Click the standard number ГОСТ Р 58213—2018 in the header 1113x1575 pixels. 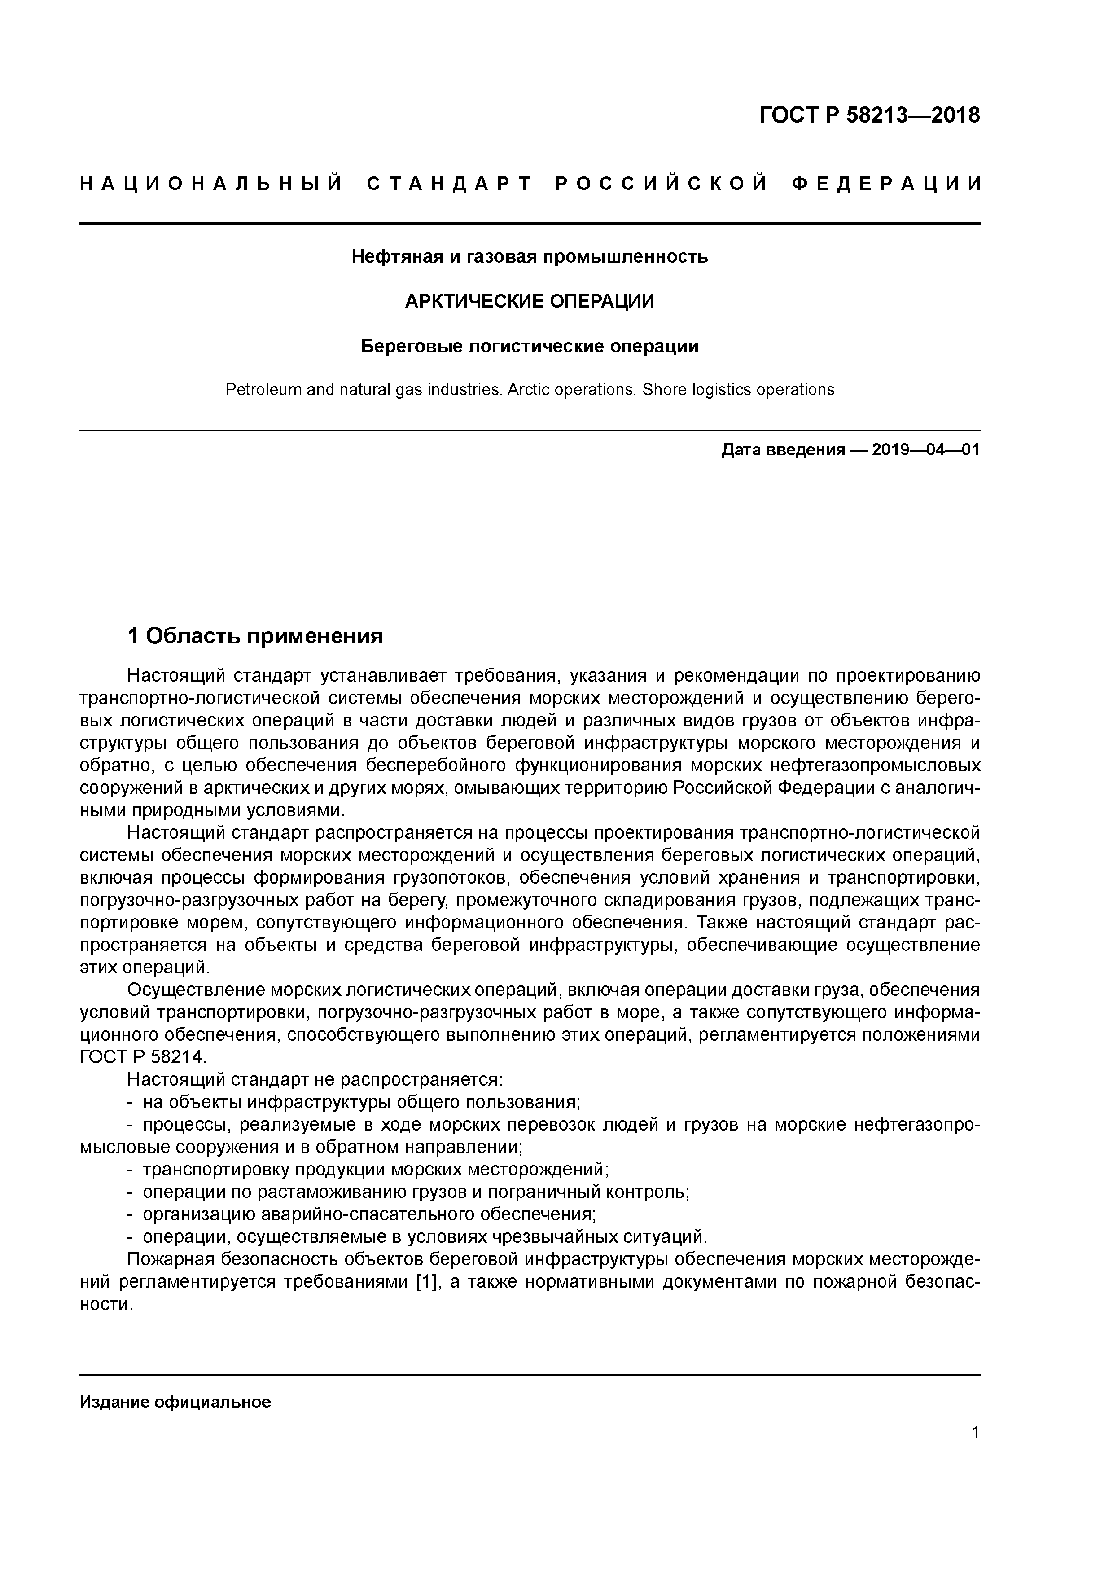click(870, 115)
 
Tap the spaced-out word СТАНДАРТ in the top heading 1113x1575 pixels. click(450, 184)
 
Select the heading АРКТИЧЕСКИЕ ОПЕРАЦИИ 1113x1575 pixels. click(530, 301)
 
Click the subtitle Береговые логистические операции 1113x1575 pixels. click(530, 347)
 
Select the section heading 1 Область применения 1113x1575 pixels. click(255, 636)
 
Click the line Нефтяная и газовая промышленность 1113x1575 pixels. click(530, 256)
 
